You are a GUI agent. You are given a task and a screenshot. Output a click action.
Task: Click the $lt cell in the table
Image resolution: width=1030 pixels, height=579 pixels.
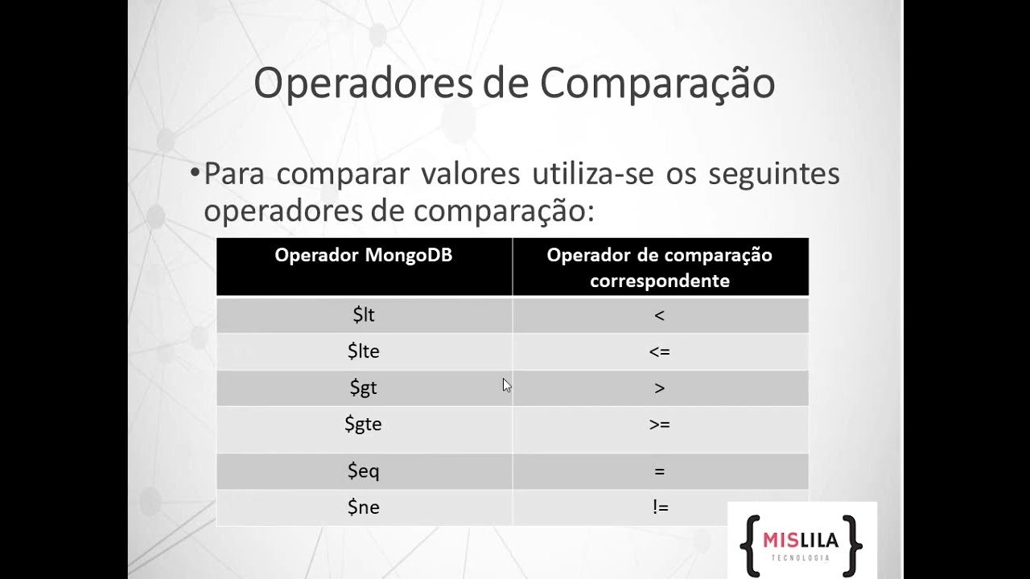364,315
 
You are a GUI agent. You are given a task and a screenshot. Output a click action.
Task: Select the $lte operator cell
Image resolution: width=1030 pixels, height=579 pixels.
364,351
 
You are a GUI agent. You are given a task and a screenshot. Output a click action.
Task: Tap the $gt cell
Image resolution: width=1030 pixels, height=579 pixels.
364,388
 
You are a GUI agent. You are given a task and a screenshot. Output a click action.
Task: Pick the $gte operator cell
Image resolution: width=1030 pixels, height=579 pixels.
364,424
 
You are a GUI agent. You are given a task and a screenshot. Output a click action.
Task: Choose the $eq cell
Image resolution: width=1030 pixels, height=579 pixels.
364,470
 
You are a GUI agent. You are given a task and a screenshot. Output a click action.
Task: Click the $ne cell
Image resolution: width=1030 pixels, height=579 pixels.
364,507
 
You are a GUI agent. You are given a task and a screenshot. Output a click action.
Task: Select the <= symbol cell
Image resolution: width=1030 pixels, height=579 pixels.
660,352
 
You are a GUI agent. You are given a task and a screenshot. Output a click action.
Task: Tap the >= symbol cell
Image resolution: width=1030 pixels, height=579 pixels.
660,425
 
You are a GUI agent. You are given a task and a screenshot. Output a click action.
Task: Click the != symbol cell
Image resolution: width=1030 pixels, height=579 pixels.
661,507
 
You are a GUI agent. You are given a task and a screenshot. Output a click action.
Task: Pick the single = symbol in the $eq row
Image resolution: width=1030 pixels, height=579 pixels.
660,471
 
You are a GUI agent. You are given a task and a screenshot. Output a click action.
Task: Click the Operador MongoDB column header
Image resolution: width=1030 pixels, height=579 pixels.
364,256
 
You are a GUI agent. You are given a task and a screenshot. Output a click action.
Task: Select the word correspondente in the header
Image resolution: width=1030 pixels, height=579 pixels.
660,281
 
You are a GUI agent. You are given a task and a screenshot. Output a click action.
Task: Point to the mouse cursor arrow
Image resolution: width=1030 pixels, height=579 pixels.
506,384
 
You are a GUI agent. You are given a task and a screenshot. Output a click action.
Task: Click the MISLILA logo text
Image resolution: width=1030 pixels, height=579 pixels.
800,540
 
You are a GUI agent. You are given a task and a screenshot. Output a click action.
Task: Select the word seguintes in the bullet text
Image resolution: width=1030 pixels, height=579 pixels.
774,174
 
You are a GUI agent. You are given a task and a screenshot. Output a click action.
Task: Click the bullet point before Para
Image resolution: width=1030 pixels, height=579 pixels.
194,173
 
